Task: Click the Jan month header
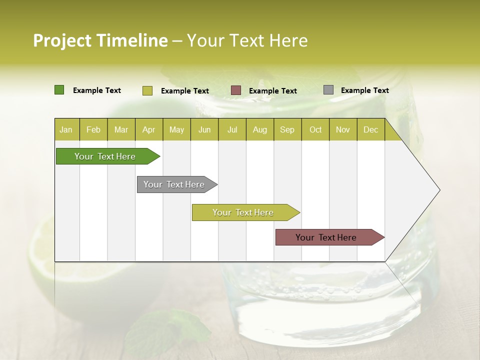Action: pyautogui.click(x=66, y=129)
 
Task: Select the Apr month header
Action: pyautogui.click(x=148, y=129)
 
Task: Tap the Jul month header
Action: pyautogui.click(x=232, y=129)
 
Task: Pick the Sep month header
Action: pyautogui.click(x=287, y=129)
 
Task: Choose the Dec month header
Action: pyautogui.click(x=370, y=129)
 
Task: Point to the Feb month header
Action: pyautogui.click(x=93, y=129)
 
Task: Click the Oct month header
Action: pyautogui.click(x=315, y=129)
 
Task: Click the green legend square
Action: pyautogui.click(x=59, y=90)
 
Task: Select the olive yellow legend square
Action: pyautogui.click(x=147, y=90)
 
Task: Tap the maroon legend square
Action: pyautogui.click(x=236, y=90)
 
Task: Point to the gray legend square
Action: pyautogui.click(x=328, y=90)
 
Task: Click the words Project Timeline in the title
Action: pyautogui.click(x=100, y=40)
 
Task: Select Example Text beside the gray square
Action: pyautogui.click(x=364, y=90)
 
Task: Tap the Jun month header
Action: pyautogui.click(x=204, y=129)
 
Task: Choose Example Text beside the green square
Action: pyautogui.click(x=96, y=90)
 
